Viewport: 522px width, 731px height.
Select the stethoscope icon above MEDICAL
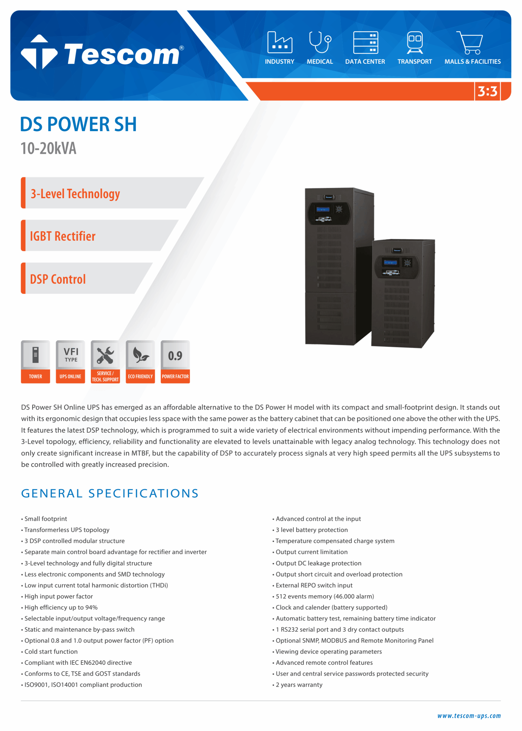click(x=320, y=42)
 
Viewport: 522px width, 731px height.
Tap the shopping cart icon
click(x=470, y=43)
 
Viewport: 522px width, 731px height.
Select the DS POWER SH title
click(x=79, y=124)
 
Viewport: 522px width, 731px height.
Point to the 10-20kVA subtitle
click(x=49, y=148)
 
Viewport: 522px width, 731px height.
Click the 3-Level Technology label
click(x=75, y=194)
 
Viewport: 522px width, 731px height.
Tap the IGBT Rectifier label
click(x=63, y=236)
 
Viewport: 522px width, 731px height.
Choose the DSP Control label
click(x=58, y=279)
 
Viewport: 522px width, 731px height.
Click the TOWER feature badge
click(x=35, y=362)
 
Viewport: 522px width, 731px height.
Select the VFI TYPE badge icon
click(x=71, y=355)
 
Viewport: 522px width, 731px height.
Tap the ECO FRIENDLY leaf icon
click(x=140, y=355)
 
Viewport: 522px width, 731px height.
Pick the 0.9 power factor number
click(x=175, y=356)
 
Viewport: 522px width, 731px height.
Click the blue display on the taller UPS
click(x=323, y=210)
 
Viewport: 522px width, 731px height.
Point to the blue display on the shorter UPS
click(x=390, y=262)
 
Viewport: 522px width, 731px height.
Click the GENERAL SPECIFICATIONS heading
click(x=110, y=493)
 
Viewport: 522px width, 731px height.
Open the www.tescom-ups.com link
click(x=469, y=716)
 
